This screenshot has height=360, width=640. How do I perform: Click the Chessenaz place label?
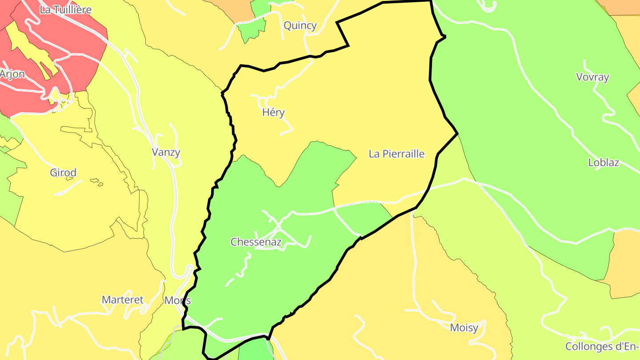coord(256,242)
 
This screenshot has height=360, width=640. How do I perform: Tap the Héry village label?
coord(273,112)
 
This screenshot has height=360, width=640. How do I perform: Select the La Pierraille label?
coord(396,154)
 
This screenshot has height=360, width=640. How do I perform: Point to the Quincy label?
coord(300,25)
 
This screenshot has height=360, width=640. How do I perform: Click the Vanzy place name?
coord(166,152)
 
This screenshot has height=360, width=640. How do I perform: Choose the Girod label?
coord(63,172)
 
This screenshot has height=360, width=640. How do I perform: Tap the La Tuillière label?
coord(65,10)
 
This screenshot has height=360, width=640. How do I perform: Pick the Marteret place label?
coord(123,300)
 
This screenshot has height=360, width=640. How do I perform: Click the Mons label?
coord(178,300)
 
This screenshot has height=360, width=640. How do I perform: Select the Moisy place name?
coord(464,328)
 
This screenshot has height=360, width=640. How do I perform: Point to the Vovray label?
coord(592,77)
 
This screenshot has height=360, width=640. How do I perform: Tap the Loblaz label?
coord(604,162)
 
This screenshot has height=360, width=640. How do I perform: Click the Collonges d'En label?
coord(602,346)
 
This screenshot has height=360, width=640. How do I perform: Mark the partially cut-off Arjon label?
coord(12,74)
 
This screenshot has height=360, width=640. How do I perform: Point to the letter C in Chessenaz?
coord(234,242)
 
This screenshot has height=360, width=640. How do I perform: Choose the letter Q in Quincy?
coord(288,25)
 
